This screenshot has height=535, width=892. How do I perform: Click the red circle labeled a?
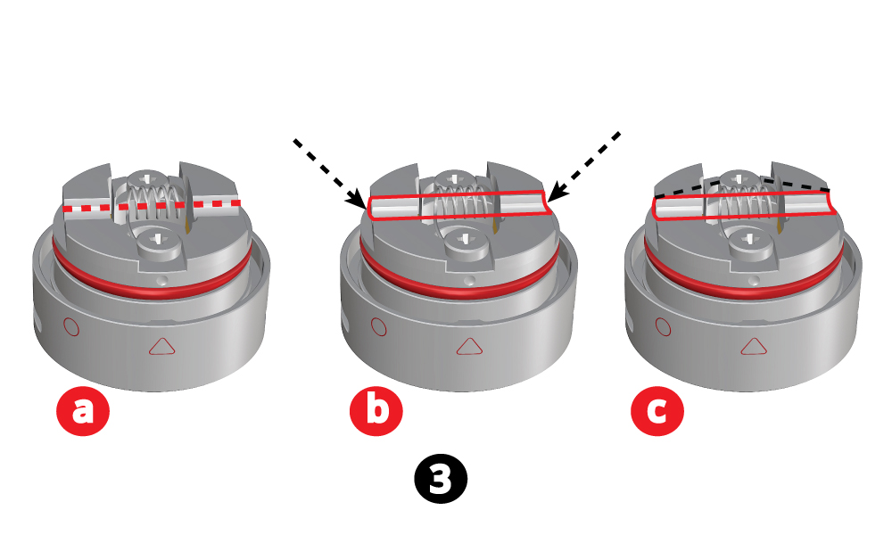[82, 411]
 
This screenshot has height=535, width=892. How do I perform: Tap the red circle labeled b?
[376, 411]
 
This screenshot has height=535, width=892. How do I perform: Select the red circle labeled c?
[657, 411]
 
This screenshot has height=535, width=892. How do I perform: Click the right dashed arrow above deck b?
[583, 164]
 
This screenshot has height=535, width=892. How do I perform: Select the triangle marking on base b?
[467, 347]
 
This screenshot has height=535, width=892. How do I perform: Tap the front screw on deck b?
[463, 240]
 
